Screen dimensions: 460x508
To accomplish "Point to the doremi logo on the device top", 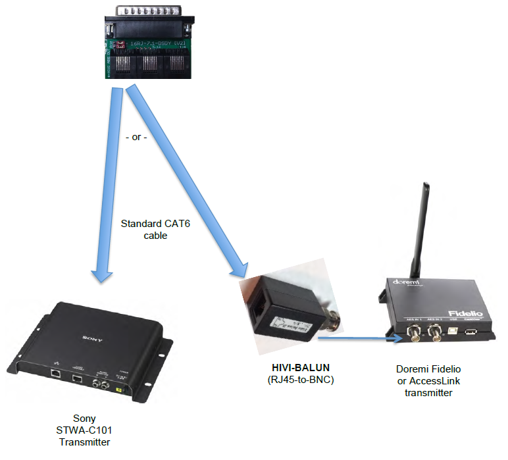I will (407, 284).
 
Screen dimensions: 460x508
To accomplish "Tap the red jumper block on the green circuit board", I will (121, 45).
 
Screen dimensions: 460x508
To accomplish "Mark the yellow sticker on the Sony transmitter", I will (118, 390).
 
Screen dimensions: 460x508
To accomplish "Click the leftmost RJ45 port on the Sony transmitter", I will (56, 372).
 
